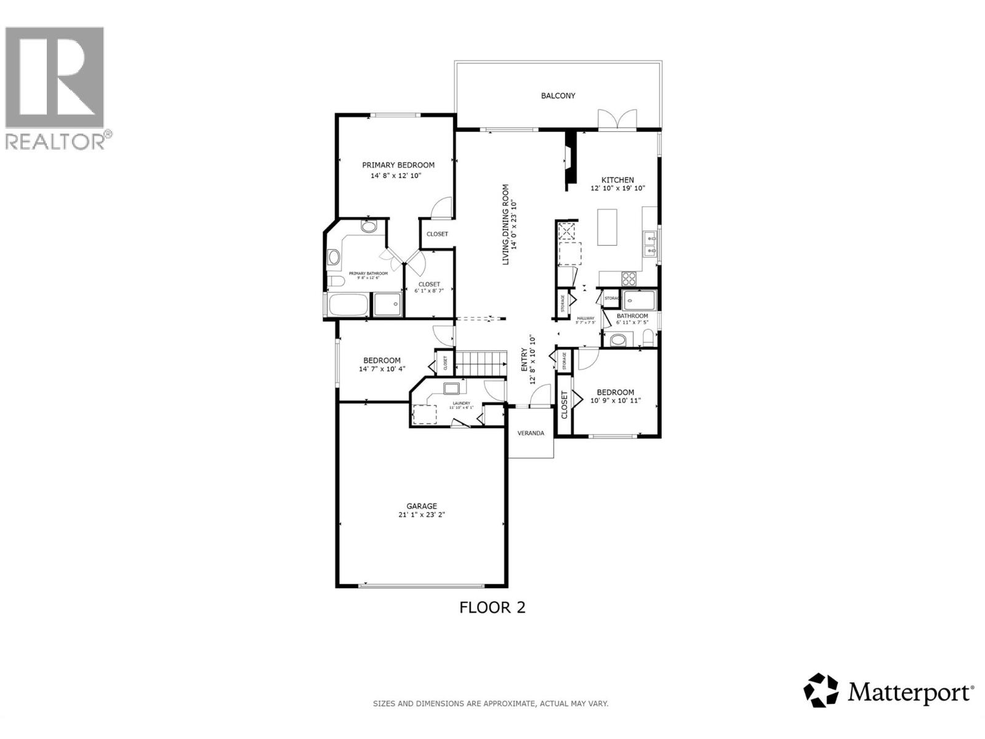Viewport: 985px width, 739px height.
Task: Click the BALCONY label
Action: click(x=558, y=95)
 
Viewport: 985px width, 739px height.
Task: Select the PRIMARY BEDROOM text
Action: click(x=398, y=165)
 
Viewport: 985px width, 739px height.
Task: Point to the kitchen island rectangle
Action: click(x=607, y=227)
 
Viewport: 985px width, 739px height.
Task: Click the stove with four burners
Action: click(x=629, y=278)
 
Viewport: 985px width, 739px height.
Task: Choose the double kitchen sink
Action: click(x=649, y=243)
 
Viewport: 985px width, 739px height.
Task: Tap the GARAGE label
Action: click(x=421, y=506)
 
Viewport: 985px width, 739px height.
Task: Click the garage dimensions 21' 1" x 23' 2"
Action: click(x=421, y=515)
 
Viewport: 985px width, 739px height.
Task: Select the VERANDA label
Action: click(x=530, y=433)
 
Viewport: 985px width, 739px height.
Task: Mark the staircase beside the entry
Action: click(x=480, y=362)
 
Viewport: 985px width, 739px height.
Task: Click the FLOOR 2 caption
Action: click(x=492, y=607)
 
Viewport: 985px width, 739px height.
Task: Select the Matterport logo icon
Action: click(x=821, y=690)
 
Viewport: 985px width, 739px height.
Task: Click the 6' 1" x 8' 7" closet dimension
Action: click(x=429, y=291)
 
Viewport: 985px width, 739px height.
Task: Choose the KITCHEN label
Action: click(x=617, y=180)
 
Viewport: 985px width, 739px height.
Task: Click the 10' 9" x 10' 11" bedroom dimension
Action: click(x=616, y=400)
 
